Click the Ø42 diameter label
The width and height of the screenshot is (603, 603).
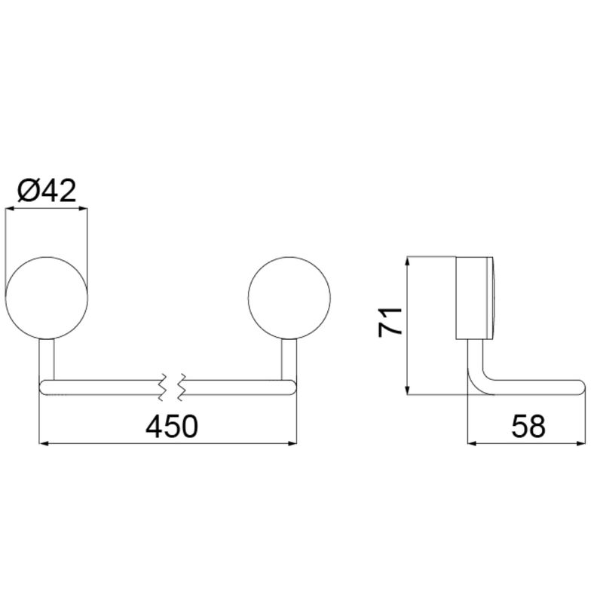coord(47,191)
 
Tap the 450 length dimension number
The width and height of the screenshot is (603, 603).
coord(172,426)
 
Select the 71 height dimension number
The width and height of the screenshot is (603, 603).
coord(390,323)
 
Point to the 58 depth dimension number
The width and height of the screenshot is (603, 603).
coord(528,426)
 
